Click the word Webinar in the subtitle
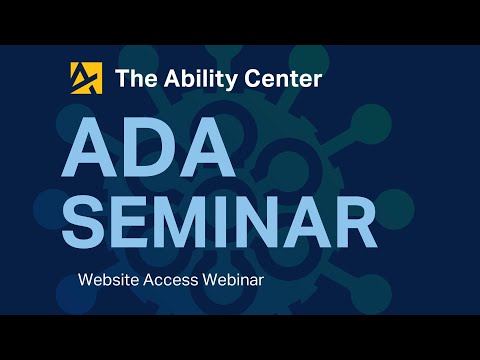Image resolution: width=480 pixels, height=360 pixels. coord(232,280)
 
